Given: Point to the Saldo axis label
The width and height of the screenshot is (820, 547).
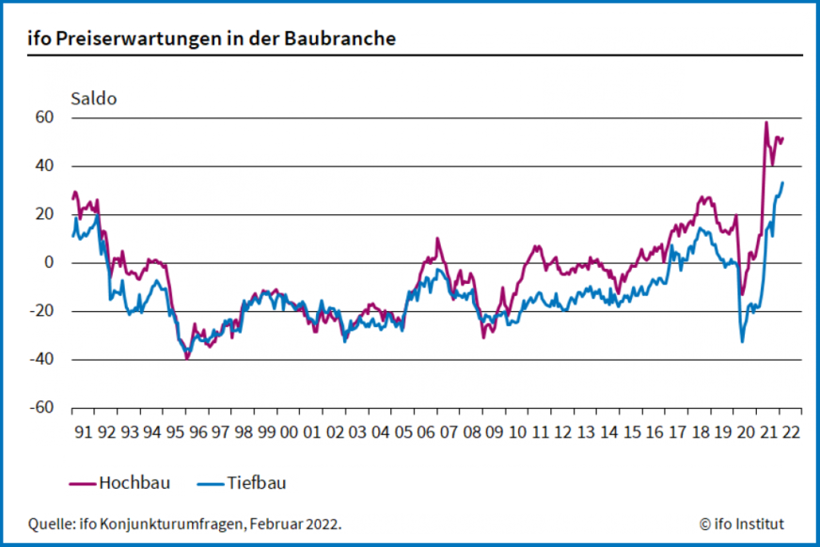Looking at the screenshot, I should click(94, 98).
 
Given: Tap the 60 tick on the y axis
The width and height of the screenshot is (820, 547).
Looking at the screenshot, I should click(46, 117).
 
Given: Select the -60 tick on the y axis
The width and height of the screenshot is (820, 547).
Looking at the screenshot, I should click(43, 408).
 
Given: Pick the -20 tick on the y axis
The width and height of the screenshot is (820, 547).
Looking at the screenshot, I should click(43, 311).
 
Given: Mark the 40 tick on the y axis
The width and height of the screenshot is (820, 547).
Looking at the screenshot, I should click(46, 165).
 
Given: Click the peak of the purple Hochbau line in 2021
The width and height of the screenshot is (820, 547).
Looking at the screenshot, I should click(766, 122).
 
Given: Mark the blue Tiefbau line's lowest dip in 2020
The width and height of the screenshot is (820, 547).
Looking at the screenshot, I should click(742, 341).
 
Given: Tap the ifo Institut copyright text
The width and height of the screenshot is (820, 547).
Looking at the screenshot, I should click(741, 524).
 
